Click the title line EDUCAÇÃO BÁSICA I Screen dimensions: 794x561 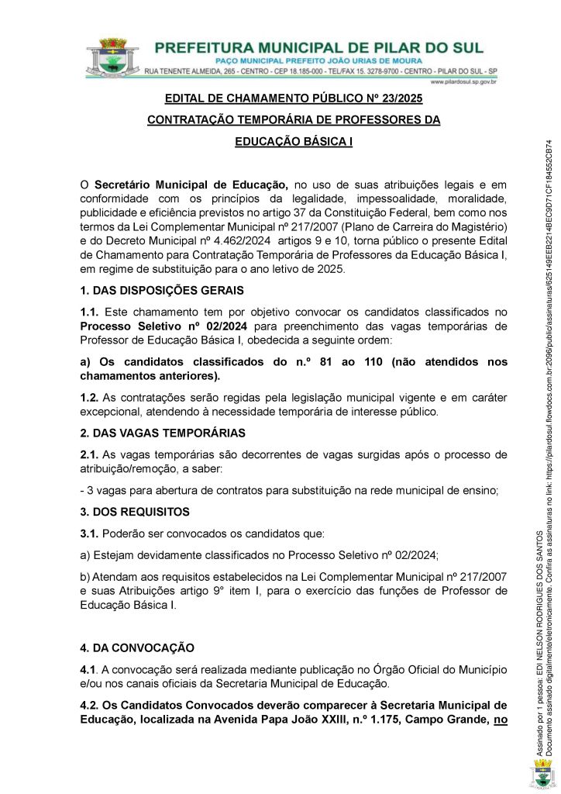294,142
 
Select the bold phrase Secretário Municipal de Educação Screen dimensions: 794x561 191,185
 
